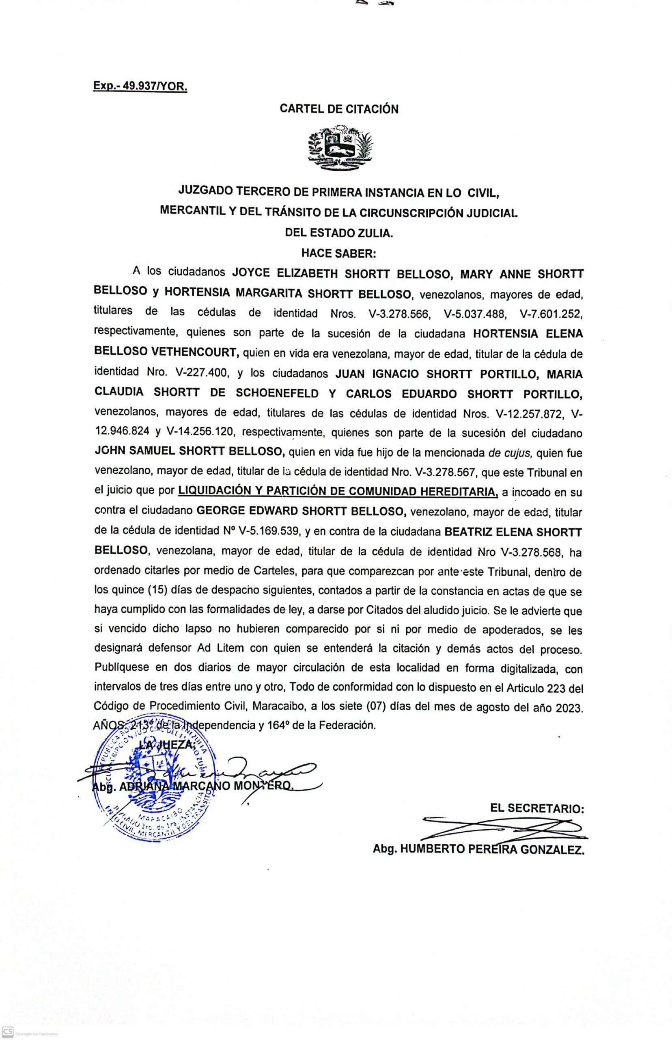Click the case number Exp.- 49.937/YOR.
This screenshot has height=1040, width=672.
pyautogui.click(x=140, y=86)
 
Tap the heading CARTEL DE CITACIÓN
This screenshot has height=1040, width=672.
pyautogui.click(x=339, y=109)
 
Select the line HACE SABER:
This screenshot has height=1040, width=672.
pyautogui.click(x=338, y=253)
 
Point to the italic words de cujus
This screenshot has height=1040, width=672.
pyautogui.click(x=510, y=453)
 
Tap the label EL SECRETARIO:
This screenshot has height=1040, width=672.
pyautogui.click(x=537, y=808)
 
